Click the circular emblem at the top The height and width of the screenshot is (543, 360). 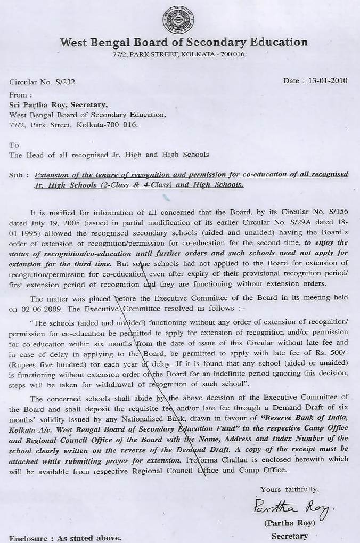click(x=179, y=20)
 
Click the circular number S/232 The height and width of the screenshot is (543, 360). click(x=64, y=82)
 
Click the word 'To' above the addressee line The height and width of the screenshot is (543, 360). click(x=14, y=145)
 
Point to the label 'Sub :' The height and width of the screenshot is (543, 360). click(x=19, y=175)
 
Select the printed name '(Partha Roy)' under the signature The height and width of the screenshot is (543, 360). click(x=290, y=523)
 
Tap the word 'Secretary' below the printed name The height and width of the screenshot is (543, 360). click(x=290, y=536)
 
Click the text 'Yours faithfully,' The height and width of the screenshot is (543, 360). click(x=290, y=489)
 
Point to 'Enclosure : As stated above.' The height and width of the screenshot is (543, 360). click(x=65, y=538)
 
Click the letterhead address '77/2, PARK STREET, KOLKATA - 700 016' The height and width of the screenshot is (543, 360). click(x=179, y=55)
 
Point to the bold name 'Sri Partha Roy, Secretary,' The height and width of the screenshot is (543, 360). click(x=58, y=105)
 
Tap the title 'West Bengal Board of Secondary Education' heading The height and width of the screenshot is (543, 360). click(x=184, y=43)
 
